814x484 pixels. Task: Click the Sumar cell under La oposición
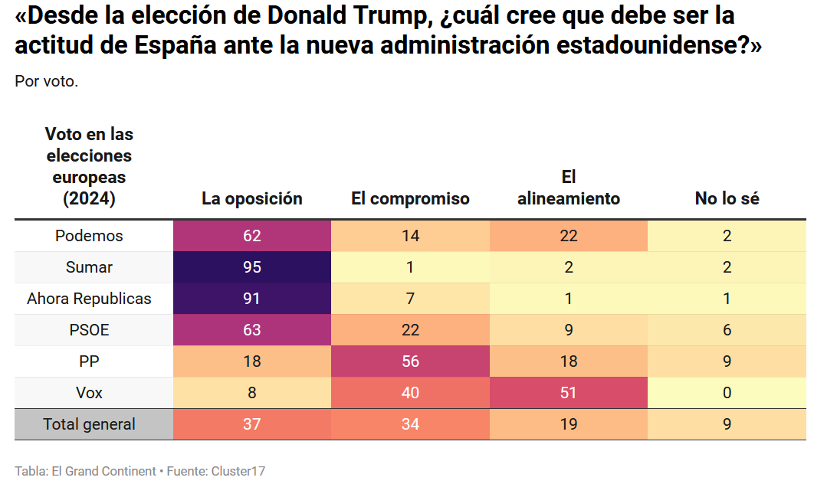[252, 267]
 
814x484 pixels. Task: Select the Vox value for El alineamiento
[569, 393]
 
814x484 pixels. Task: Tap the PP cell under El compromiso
[410, 361]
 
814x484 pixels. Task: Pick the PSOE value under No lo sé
[727, 330]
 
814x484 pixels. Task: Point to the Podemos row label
[89, 236]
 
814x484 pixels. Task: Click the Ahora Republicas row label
[89, 299]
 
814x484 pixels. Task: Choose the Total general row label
[89, 424]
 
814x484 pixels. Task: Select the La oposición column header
[252, 199]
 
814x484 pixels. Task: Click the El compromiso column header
[410, 199]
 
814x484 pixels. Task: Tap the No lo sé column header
[727, 199]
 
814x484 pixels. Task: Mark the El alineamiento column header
[569, 188]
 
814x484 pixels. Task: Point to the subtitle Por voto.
[46, 81]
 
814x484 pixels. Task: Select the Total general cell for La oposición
[252, 424]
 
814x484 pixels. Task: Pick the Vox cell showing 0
[727, 393]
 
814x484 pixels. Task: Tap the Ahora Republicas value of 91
[252, 299]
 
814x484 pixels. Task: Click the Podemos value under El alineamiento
[569, 236]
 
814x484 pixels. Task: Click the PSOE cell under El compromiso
[410, 330]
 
